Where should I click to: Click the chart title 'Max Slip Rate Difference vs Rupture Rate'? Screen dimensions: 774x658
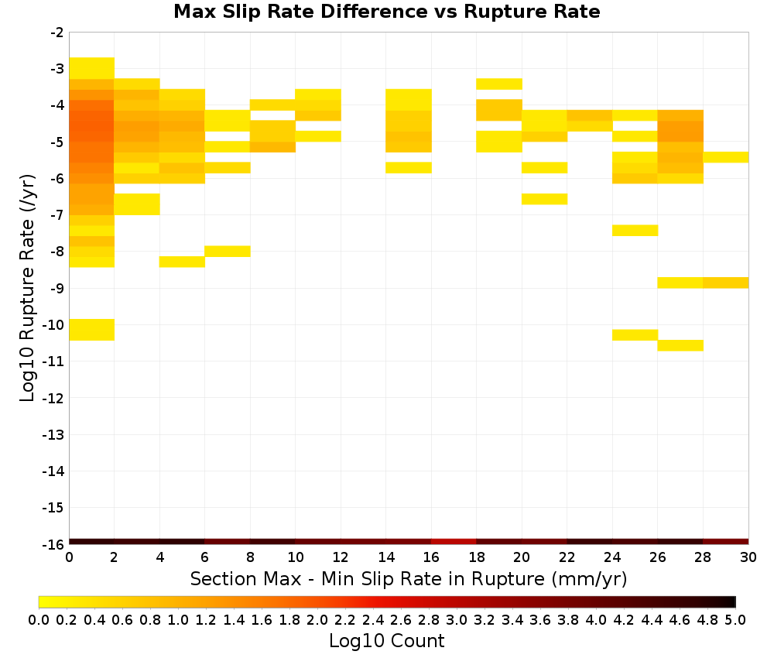coord(386,11)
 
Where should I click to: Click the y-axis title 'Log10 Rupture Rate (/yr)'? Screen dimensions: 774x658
coord(27,288)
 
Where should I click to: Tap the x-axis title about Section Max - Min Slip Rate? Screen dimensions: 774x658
coord(408,578)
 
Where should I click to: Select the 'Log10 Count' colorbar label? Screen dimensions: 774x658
coord(386,641)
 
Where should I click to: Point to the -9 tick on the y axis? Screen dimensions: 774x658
coord(57,288)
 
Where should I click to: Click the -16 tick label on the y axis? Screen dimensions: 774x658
coord(54,544)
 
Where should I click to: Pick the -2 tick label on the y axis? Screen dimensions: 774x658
coord(57,33)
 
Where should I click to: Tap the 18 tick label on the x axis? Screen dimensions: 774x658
coord(476,557)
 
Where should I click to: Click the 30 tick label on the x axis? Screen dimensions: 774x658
coord(748,557)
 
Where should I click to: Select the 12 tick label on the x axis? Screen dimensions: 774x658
coord(341,557)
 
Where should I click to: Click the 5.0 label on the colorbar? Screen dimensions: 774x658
coord(735,619)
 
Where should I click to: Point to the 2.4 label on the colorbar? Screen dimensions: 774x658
coord(373,619)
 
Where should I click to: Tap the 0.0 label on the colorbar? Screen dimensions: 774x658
coord(39,619)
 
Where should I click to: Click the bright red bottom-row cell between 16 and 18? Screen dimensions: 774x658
coord(454,542)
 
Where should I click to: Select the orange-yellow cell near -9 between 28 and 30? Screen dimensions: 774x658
coord(726,283)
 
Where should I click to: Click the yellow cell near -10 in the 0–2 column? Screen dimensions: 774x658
coord(92,330)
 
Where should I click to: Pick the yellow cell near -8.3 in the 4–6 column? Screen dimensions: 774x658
coord(182,262)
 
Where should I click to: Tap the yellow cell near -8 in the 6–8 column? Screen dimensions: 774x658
coord(228,252)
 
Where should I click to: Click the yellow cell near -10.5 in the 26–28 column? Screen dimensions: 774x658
coord(680,345)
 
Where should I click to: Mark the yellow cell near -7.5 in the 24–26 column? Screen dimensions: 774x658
coord(635,231)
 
